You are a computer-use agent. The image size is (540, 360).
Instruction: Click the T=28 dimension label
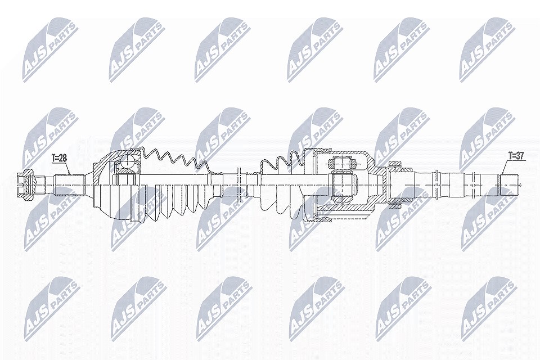[59, 158]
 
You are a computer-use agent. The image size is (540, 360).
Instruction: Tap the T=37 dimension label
[516, 156]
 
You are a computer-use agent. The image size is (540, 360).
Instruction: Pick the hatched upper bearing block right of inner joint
[395, 165]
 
